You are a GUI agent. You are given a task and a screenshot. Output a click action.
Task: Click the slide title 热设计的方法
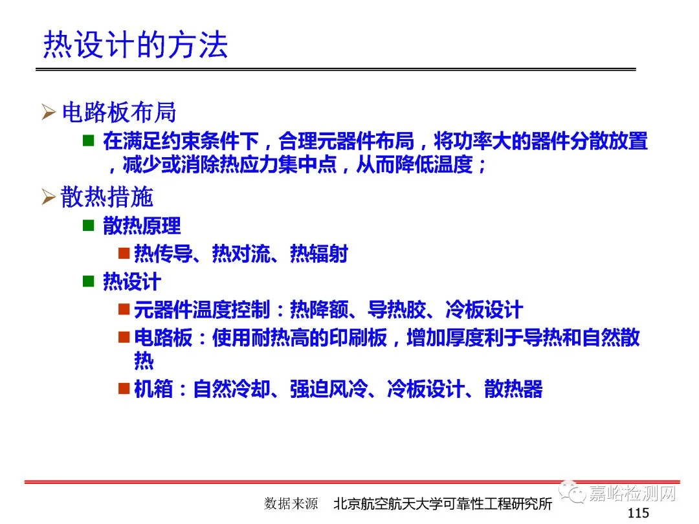pos(135,45)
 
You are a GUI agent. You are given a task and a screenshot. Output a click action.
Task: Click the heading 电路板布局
pos(119,112)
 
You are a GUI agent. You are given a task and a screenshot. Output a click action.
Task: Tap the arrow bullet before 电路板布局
pos(48,112)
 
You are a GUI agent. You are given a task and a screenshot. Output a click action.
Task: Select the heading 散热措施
pos(107,197)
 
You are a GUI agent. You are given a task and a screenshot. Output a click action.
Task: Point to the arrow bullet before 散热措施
pos(48,197)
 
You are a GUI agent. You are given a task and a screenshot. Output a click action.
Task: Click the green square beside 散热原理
pos(88,226)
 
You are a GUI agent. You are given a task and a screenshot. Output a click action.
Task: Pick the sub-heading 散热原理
pos(142,226)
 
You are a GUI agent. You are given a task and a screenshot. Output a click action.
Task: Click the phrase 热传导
pos(163,254)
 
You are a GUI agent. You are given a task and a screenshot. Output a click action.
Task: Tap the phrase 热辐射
pos(318,254)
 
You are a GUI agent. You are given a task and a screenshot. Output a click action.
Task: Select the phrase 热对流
pos(241,254)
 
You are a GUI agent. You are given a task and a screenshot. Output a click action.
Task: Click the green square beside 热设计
pos(88,281)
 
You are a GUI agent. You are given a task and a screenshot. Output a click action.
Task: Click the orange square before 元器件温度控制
pos(124,309)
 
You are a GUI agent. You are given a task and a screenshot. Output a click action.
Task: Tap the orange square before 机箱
pos(124,388)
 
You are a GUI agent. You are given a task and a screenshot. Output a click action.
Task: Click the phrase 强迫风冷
pos(329,389)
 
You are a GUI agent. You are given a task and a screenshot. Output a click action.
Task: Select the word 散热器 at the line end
pos(513,389)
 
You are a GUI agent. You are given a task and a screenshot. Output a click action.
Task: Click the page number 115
pos(638,513)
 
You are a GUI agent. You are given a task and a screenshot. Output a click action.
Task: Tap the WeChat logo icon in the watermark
pos(572,492)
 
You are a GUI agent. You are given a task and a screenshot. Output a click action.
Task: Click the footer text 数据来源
pos(291,503)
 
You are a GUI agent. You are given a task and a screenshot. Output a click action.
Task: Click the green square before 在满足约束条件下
pos(88,141)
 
